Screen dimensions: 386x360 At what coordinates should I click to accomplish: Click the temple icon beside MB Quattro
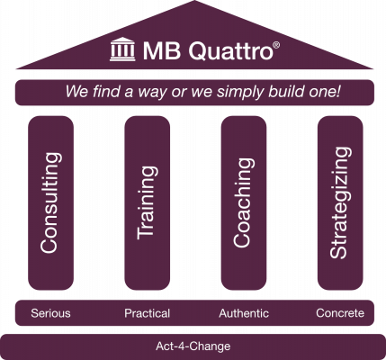[122, 49]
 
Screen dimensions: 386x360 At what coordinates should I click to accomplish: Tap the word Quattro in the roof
[231, 50]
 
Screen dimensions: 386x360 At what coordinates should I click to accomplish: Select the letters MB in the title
[162, 50]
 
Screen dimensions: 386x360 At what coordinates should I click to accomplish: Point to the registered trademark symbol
[276, 45]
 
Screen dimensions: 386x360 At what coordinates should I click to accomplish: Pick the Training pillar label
[147, 202]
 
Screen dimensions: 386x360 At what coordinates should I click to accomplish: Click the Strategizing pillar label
[340, 202]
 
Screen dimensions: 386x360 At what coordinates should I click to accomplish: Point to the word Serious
[50, 313]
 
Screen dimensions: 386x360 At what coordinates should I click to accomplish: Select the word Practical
[148, 313]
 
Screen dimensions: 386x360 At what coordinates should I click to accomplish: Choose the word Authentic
[244, 313]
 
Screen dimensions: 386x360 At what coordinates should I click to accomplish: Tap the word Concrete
[340, 313]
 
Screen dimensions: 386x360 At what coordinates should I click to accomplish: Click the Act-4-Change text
[193, 346]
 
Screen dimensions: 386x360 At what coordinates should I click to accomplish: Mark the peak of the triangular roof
[194, 1]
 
